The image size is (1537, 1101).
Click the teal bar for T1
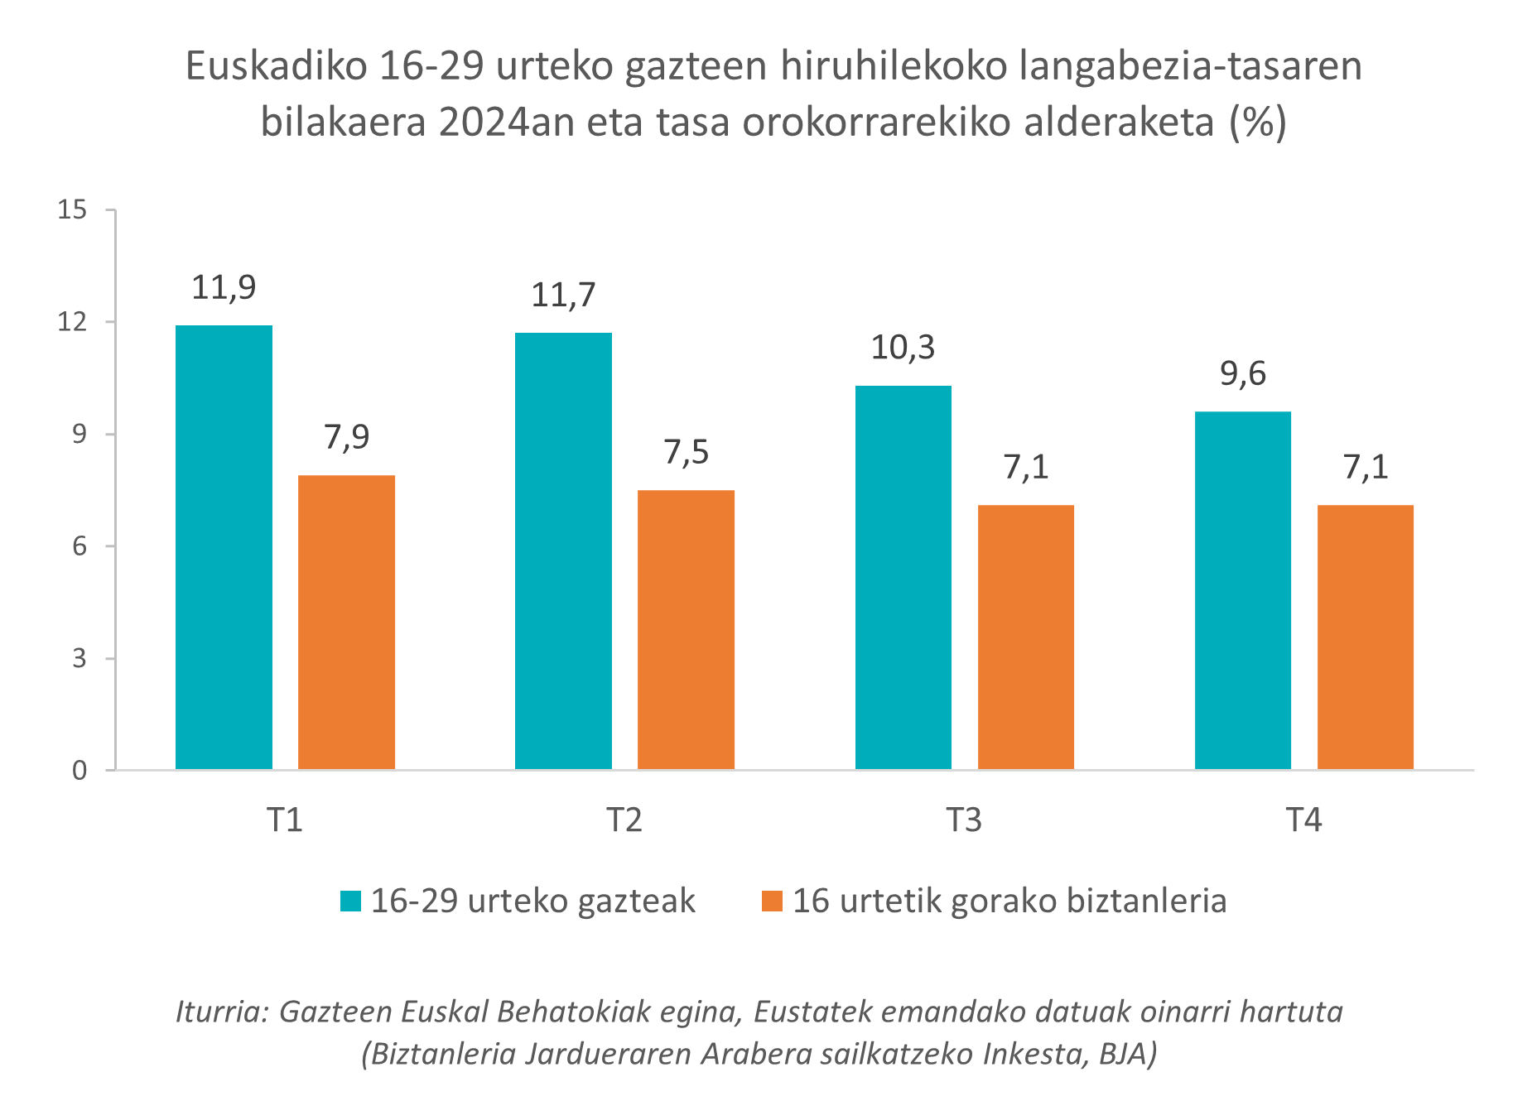coord(224,547)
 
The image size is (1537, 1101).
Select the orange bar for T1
coord(346,622)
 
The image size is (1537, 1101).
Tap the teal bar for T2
coord(563,550)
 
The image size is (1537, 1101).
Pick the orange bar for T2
coord(686,629)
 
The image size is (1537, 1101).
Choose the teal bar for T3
coord(903,577)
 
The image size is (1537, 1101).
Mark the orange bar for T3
coord(1025,637)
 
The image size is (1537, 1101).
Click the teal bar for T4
coord(1242,590)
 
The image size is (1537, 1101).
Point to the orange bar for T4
coord(1365,637)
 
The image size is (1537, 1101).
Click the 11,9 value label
coord(224,288)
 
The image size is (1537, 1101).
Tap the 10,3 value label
coord(903,348)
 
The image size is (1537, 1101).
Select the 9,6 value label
coord(1242,374)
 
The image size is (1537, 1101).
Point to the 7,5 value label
coord(686,452)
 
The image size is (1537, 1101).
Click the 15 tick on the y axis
coord(72,210)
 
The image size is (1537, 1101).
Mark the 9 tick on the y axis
coord(79,434)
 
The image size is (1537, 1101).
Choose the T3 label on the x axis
coord(964,820)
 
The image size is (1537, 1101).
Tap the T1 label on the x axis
coord(285,820)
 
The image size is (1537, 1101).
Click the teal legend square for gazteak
coord(351,901)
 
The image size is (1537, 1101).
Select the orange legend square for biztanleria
coord(772,901)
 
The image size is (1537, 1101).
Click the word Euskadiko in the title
coord(276,66)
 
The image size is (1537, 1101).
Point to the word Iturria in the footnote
coord(220,1012)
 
